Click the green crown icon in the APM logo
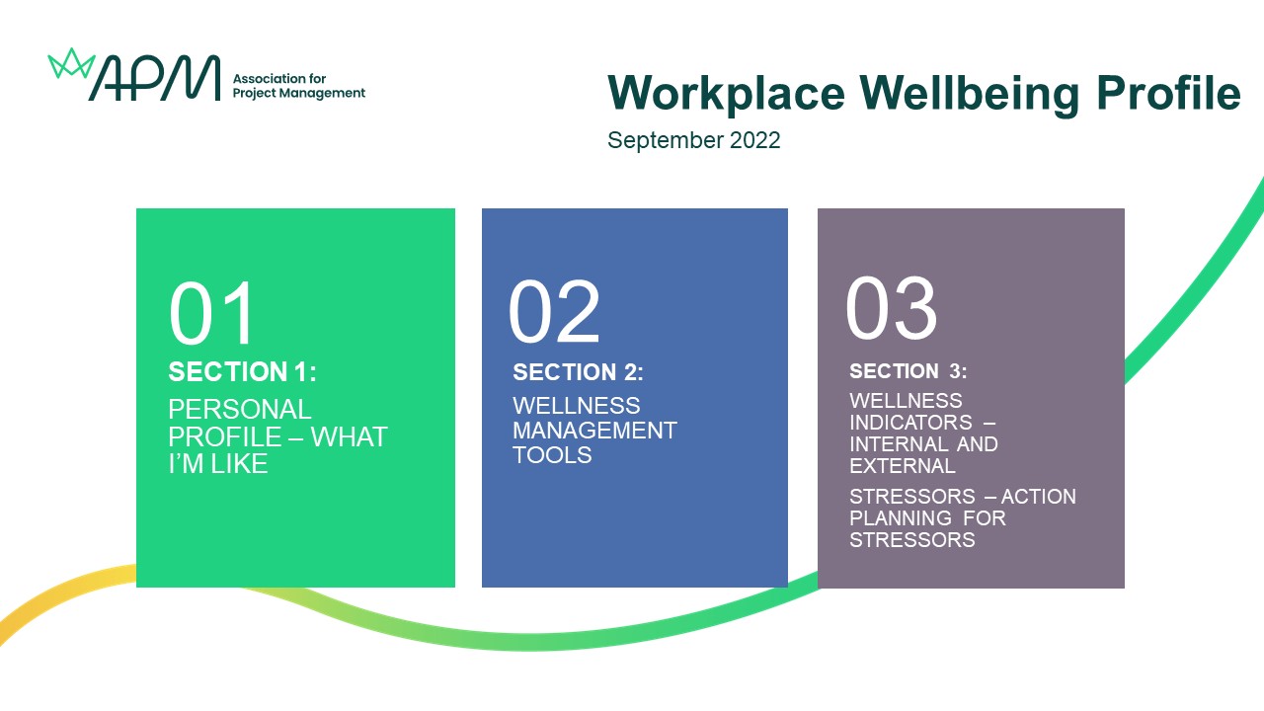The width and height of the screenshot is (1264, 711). [70, 64]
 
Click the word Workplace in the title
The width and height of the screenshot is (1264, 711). [726, 94]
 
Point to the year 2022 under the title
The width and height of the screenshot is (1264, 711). [755, 140]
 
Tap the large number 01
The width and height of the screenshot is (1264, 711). [212, 314]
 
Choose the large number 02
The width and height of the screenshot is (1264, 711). [554, 312]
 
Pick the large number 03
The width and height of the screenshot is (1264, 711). [891, 309]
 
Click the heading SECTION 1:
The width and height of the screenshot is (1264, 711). [243, 372]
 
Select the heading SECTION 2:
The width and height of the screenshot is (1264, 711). [578, 372]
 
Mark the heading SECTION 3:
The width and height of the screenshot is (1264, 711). [908, 372]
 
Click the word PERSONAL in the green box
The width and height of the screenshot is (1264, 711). [240, 409]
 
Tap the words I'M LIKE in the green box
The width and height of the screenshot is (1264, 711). [218, 464]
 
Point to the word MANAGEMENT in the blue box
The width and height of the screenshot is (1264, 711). [594, 431]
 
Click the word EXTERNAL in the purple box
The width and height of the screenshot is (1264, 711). [903, 465]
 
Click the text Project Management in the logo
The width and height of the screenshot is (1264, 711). [298, 94]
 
